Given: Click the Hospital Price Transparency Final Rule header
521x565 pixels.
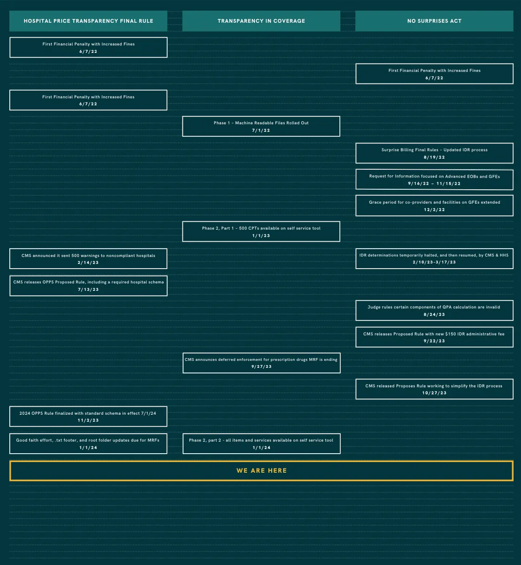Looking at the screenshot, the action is click(88, 21).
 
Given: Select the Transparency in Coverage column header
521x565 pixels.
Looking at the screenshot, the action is click(261, 21).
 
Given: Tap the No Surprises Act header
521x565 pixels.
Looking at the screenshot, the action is click(434, 21).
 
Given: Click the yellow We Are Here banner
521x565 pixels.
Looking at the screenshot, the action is click(261, 470).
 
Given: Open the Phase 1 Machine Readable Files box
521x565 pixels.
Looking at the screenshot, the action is click(261, 126).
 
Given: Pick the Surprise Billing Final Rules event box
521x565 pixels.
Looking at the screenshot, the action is click(434, 153).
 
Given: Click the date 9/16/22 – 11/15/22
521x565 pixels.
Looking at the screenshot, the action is click(434, 184).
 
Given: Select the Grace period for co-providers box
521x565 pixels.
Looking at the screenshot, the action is click(434, 205).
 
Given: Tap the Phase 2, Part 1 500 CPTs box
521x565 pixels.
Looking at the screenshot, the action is click(261, 231).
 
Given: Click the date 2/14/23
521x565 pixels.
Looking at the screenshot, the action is click(88, 263).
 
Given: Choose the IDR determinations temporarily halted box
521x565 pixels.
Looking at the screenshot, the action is click(434, 258).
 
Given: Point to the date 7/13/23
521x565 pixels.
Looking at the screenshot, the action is click(88, 289).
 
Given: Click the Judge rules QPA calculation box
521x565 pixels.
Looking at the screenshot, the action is click(434, 310).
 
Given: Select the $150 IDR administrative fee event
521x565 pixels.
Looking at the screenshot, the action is click(434, 337).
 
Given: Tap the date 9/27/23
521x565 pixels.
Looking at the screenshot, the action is click(261, 366).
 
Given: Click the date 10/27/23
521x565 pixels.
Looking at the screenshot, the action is click(434, 393).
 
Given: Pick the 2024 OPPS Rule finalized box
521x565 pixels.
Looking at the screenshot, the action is click(88, 417).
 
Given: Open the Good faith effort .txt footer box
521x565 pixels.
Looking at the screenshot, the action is click(88, 443).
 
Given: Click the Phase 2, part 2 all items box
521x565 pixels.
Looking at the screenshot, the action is click(261, 443).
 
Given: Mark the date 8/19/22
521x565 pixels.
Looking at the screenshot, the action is click(434, 157).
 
